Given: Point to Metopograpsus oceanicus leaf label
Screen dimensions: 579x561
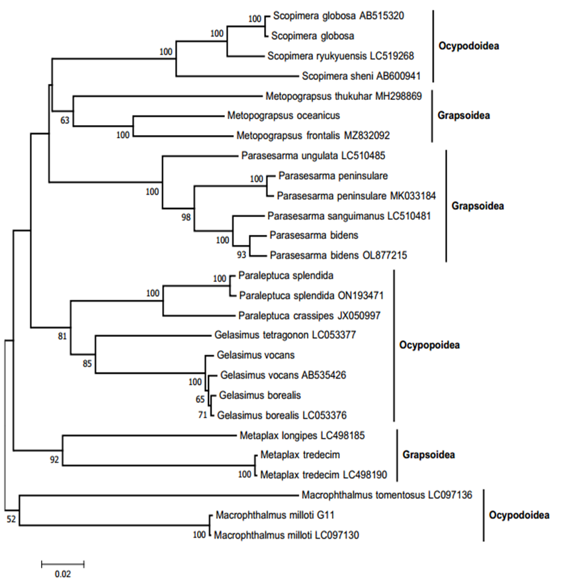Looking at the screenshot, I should pos(284,116).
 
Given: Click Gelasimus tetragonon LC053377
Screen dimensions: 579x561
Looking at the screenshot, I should pos(285,335).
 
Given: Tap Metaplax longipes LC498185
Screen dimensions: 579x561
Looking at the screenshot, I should pos(300,435).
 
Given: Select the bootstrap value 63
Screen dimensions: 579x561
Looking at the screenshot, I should pos(65,121).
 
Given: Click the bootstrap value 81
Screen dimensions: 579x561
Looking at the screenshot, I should pos(63,336).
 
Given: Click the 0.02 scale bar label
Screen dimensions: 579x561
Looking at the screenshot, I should pos(62,574).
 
